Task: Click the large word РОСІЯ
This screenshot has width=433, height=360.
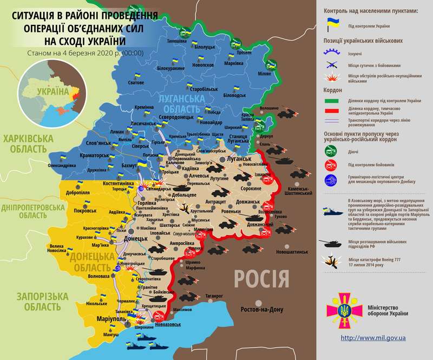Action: (261, 279)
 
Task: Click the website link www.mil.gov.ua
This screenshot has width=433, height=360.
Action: (373, 337)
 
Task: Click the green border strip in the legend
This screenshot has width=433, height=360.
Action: (331, 101)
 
